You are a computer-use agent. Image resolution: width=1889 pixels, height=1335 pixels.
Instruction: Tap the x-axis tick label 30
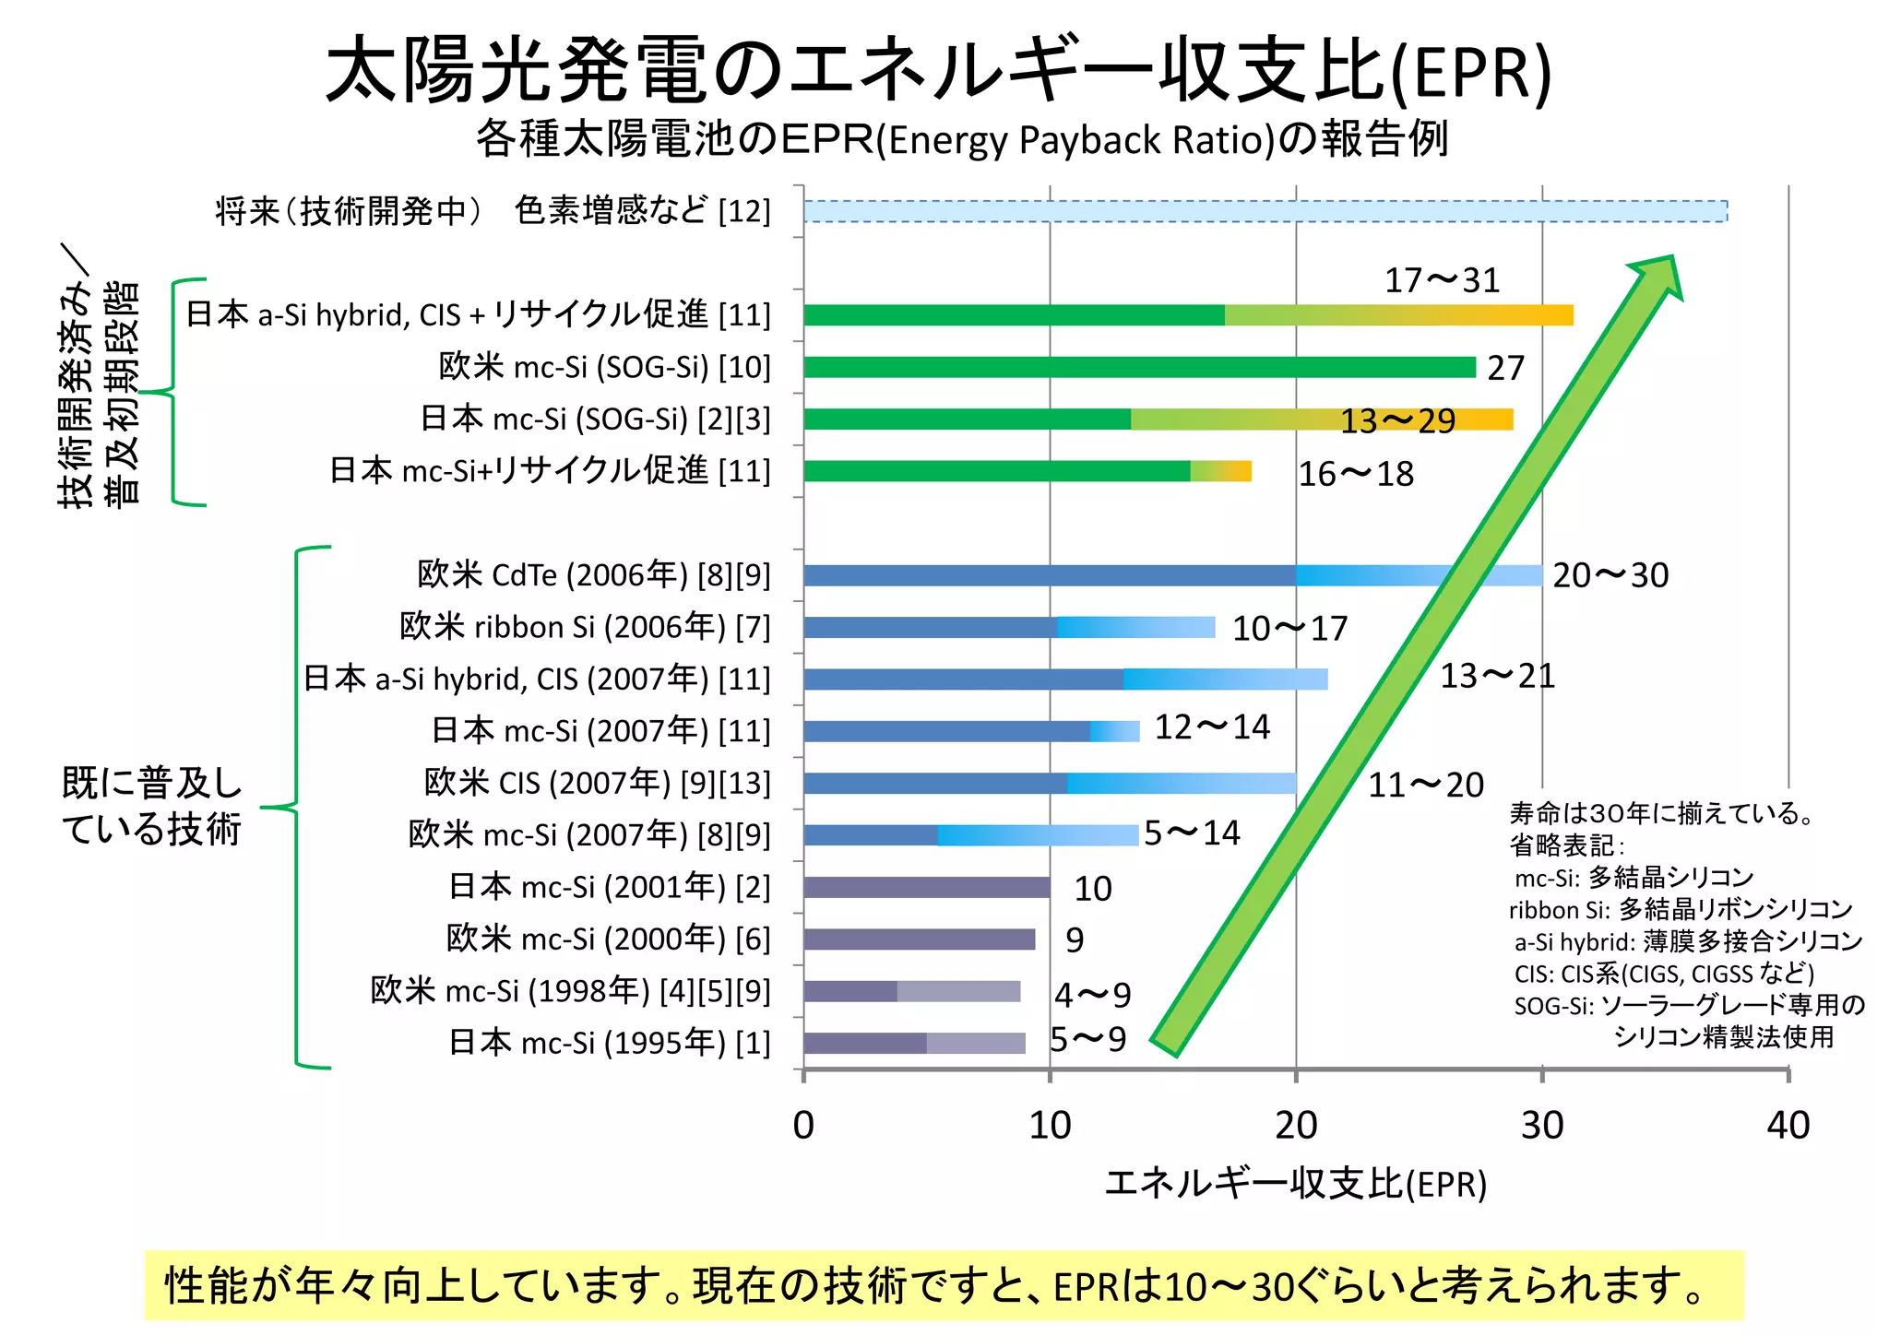point(1542,1126)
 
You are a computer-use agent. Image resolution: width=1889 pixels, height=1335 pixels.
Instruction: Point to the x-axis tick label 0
point(803,1126)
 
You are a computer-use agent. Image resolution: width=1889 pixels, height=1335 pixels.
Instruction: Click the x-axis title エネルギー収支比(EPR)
point(1295,1184)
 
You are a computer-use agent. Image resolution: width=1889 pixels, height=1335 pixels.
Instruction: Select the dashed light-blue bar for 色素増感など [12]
point(1264,211)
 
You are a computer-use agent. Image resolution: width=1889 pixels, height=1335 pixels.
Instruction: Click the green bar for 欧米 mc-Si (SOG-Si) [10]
point(1139,367)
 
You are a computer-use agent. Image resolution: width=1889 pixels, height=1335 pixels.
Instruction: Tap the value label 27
point(1505,368)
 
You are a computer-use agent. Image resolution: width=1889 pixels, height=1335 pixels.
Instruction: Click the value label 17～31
point(1442,280)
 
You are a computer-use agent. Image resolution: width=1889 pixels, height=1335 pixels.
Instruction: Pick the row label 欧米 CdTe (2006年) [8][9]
point(593,574)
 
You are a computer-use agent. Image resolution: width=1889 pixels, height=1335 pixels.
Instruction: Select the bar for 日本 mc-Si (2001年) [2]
point(926,887)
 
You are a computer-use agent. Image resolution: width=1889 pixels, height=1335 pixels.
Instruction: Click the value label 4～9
point(1092,995)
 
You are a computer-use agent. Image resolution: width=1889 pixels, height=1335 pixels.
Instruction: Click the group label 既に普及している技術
point(152,806)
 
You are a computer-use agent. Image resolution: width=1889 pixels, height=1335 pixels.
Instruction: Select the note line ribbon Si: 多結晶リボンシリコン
point(1680,909)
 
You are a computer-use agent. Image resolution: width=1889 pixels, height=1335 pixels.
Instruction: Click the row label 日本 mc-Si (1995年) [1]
point(609,1043)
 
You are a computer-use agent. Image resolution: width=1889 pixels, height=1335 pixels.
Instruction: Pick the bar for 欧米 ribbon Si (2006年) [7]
point(1008,627)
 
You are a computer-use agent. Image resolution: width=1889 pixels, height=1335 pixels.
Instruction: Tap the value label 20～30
point(1610,575)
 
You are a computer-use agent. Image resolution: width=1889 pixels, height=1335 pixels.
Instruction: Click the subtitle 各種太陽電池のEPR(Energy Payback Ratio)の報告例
point(962,139)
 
